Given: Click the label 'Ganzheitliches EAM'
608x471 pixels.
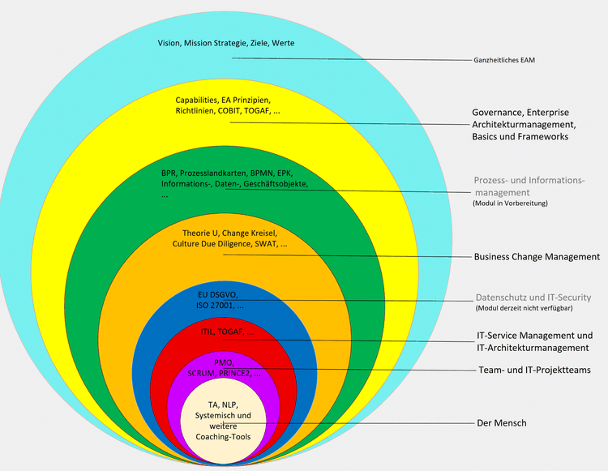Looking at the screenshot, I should click(x=503, y=60).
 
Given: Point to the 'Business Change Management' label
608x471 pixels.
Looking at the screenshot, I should click(x=537, y=257).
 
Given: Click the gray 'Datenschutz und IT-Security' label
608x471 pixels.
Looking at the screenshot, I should click(x=533, y=298).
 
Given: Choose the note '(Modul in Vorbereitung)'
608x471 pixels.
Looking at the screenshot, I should click(x=510, y=203).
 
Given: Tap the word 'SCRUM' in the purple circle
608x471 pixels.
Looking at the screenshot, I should click(x=203, y=374).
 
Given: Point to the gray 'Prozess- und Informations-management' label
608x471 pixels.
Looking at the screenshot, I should click(x=528, y=186).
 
